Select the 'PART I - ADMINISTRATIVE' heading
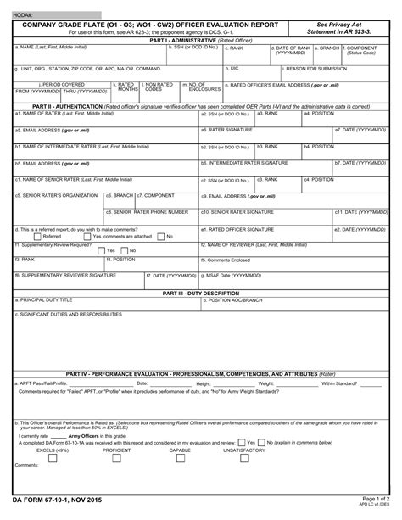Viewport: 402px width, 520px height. [200, 40]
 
